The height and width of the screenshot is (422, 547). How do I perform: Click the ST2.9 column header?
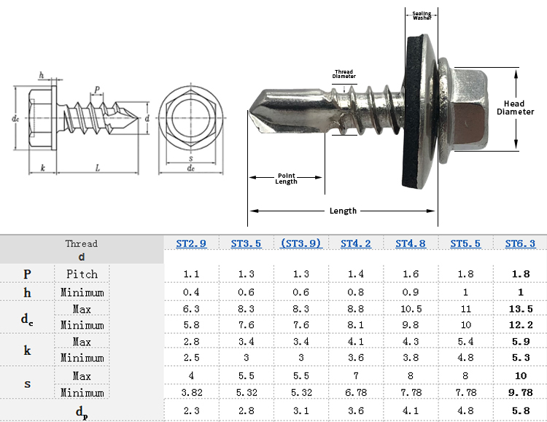click(x=192, y=243)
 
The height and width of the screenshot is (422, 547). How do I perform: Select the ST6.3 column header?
click(x=520, y=243)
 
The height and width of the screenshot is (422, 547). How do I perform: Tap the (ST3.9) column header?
click(x=300, y=243)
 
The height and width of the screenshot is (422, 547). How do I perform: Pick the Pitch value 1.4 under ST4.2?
click(x=355, y=274)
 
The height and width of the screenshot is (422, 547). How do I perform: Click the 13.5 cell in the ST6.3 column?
click(x=520, y=309)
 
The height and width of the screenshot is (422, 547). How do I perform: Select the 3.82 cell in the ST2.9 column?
click(x=192, y=393)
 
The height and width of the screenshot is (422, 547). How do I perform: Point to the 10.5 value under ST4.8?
click(x=411, y=309)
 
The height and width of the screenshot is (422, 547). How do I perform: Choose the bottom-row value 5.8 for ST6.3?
click(x=520, y=410)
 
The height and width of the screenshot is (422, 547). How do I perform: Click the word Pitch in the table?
click(x=82, y=274)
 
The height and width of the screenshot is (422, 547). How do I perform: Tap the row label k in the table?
click(x=27, y=350)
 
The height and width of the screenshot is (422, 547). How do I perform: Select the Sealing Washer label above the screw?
click(x=422, y=15)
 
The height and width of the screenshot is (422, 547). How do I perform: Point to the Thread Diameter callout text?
click(x=344, y=74)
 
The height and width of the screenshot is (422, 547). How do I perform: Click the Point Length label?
click(x=286, y=178)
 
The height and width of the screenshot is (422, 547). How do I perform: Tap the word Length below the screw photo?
click(x=343, y=211)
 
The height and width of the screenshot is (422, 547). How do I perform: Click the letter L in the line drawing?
click(x=97, y=168)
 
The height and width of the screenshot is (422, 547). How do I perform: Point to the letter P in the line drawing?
click(x=96, y=90)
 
